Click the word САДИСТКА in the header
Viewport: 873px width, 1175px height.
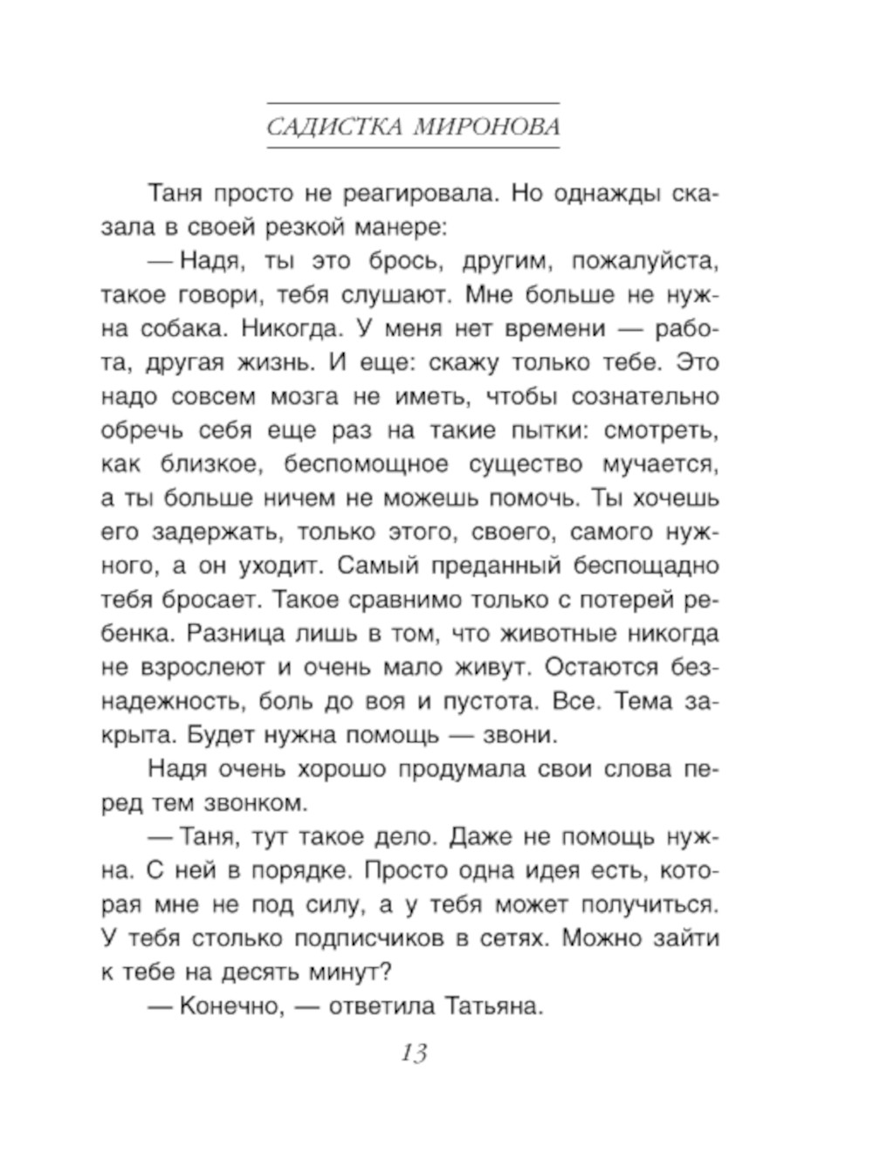(x=334, y=127)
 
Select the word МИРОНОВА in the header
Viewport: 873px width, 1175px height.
(x=486, y=127)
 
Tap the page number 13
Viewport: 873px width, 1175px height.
(x=414, y=1054)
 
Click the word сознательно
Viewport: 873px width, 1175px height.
(x=645, y=397)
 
